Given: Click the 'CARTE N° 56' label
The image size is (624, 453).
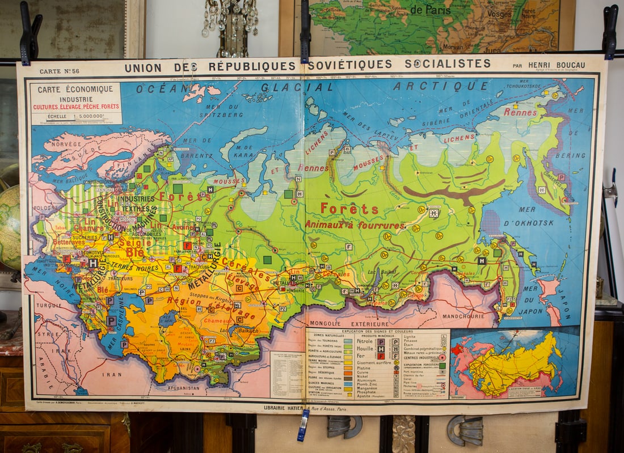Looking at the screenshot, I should pos(60,71).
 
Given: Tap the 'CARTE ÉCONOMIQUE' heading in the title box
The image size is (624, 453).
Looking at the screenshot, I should pos(72,89).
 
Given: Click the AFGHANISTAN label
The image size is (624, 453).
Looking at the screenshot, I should pos(183,388).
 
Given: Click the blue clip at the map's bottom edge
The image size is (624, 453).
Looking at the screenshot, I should pos(303,425).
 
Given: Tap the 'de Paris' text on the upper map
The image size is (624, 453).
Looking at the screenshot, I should pos(431,10).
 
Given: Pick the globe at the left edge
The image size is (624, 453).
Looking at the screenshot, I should pos(9,227).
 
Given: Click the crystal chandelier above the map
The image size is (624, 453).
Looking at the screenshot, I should pos(231,23).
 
